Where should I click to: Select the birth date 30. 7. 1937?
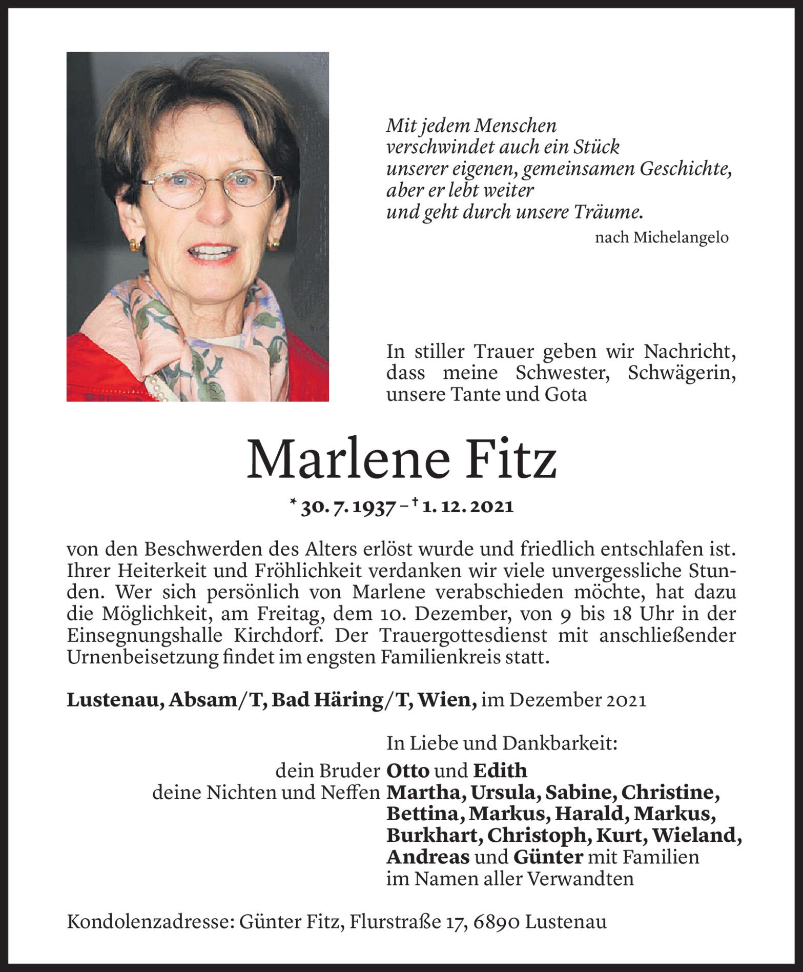[x=348, y=507]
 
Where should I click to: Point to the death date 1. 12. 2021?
[x=468, y=507]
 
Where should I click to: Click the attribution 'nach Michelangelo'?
[x=662, y=237]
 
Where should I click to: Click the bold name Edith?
[x=500, y=771]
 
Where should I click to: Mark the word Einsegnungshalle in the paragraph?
[x=146, y=636]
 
